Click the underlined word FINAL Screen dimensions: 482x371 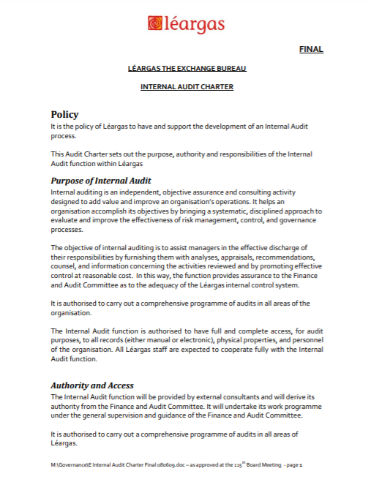pos(311,50)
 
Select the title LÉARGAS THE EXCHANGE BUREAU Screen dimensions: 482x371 pos(187,68)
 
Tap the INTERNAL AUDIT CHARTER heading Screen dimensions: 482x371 pos(187,87)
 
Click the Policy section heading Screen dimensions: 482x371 pos(64,114)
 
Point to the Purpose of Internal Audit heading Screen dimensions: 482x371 pos(100,180)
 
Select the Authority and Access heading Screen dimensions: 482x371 pos(92,385)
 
